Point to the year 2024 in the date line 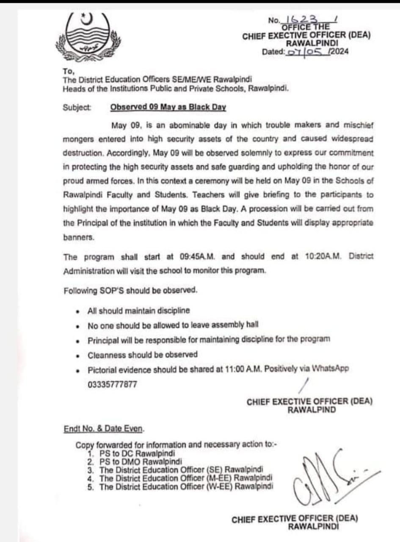pos(337,52)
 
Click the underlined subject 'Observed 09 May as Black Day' pos(168,107)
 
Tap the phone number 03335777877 pos(112,384)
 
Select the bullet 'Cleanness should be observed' pos(142,354)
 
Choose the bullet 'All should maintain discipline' pos(138,311)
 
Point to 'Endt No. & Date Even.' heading pos(104,428)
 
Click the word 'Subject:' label pos(77,107)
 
